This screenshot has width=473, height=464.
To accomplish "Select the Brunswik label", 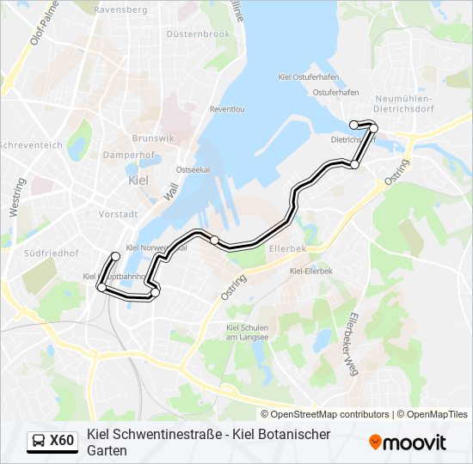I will click(x=154, y=138).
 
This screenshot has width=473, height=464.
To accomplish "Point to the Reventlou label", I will click(x=227, y=110).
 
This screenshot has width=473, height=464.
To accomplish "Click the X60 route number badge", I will click(x=62, y=441).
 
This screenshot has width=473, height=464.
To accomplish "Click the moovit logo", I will click(x=408, y=442).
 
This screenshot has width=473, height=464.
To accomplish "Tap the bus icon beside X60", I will click(x=39, y=442).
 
